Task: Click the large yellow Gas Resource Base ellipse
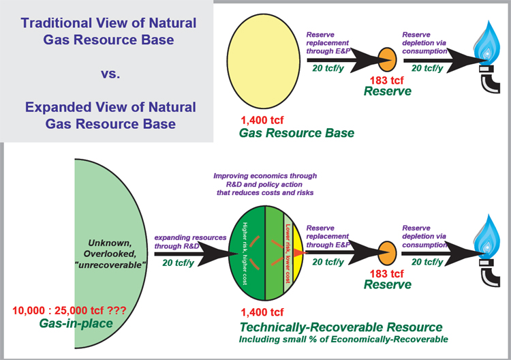click(263, 61)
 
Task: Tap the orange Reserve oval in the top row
click(387, 60)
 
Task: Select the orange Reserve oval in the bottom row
click(387, 253)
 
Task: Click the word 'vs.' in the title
click(110, 74)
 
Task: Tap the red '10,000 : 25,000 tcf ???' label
click(69, 310)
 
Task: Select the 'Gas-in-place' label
click(76, 323)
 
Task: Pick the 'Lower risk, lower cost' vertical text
click(288, 254)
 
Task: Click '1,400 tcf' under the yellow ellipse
click(262, 120)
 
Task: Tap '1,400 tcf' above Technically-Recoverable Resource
click(262, 312)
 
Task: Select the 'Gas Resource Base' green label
click(296, 133)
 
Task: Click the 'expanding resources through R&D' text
click(190, 241)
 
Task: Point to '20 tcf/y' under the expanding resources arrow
click(179, 262)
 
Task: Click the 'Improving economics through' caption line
click(265, 176)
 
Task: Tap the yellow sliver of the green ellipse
click(298, 253)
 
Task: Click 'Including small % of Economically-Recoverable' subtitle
click(343, 340)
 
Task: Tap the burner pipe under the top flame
click(490, 80)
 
